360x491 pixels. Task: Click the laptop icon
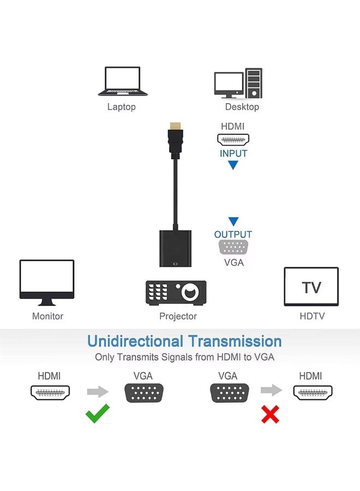122,81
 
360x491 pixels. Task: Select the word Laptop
121,107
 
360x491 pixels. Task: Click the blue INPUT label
233,153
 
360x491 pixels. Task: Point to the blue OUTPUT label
233,235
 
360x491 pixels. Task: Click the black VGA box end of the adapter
175,248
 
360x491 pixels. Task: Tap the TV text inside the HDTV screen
311,288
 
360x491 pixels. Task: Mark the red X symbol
270,415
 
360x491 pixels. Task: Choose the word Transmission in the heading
235,342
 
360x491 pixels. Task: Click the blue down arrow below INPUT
233,165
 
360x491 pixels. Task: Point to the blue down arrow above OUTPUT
233,221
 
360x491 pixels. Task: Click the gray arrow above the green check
98,391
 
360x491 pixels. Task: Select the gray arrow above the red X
271,391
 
